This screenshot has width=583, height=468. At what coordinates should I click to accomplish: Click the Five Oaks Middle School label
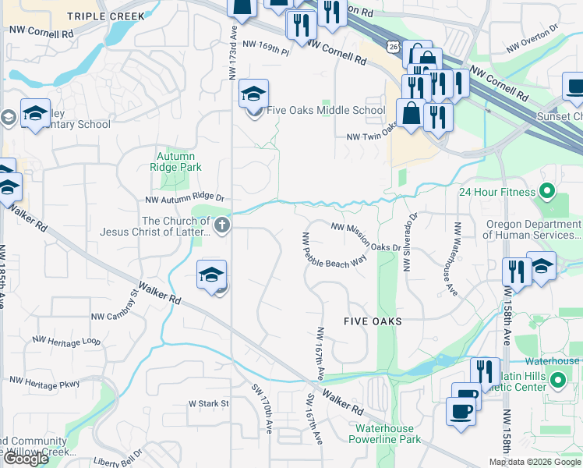pos(326,110)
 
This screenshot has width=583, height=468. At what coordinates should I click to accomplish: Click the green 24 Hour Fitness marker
pos(547,191)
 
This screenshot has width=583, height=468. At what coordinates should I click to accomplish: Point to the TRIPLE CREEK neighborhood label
pos(106,16)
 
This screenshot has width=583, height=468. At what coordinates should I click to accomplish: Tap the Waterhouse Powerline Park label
pos(388,434)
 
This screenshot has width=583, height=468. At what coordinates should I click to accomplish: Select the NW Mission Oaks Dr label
pos(365,237)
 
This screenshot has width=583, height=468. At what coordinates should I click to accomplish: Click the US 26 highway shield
pos(394,48)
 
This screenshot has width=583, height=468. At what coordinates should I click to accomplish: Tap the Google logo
pos(26,459)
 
